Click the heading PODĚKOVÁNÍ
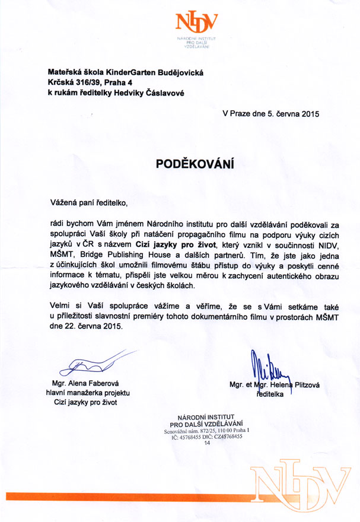click(195, 164)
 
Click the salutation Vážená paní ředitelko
click(88, 203)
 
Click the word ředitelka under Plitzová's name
click(271, 394)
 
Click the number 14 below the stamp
click(207, 443)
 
